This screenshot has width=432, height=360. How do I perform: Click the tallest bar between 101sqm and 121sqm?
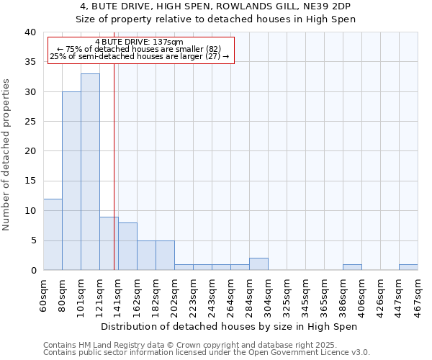pos(90,172)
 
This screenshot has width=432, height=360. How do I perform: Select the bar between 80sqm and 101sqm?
pos(71,181)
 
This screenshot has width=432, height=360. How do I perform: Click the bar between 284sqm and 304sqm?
pos(258,264)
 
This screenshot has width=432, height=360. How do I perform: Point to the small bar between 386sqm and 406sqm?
pos(352,267)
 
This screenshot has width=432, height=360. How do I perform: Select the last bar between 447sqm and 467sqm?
pos(408,267)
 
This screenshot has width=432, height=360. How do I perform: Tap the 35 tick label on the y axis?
pos(30,62)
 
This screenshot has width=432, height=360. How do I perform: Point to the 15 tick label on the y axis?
pos(30,181)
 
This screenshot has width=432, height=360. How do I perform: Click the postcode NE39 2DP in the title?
pos(328,6)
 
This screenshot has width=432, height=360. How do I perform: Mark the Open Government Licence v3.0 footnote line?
pos(207,352)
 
